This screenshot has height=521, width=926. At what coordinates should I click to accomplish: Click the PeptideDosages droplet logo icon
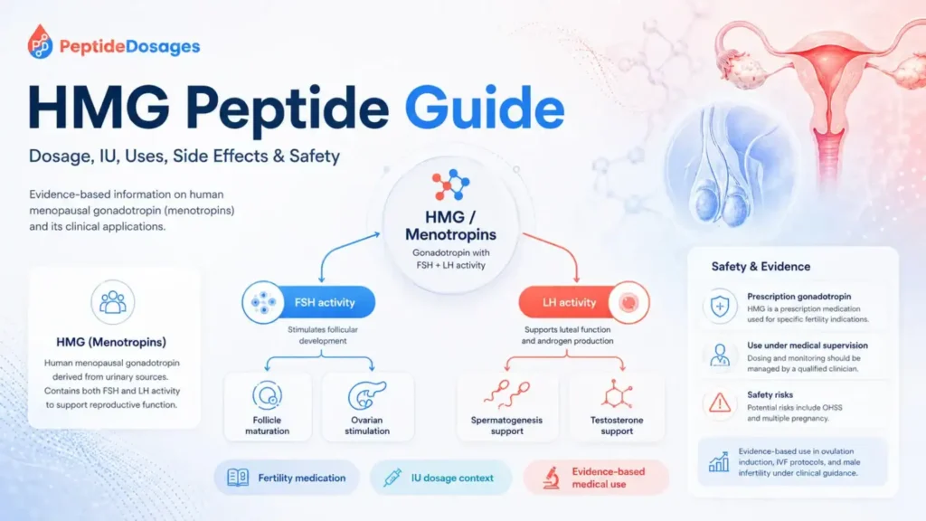tap(40, 42)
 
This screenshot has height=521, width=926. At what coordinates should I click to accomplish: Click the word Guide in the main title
tap(485, 109)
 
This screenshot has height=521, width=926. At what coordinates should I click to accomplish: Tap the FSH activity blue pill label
tap(309, 302)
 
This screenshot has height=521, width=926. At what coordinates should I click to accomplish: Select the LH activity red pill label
tap(584, 302)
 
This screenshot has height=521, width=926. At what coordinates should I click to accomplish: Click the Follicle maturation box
tap(268, 407)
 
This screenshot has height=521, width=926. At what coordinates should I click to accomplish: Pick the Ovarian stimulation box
tap(367, 407)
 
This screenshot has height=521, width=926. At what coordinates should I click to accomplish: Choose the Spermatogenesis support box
tap(506, 407)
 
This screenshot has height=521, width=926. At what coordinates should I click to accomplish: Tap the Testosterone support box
tap(617, 407)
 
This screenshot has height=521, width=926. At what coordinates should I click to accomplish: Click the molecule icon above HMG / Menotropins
tap(450, 185)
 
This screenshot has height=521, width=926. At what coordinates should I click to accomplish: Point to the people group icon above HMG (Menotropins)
tap(113, 302)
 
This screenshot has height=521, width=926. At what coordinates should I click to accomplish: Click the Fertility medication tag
tap(287, 478)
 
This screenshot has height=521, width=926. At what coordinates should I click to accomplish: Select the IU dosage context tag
tap(440, 478)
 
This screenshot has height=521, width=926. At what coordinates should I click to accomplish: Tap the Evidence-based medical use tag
tap(596, 478)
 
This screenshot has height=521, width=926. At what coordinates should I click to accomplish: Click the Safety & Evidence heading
tap(761, 267)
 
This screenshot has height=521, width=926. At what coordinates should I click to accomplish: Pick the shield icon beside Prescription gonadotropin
tap(720, 307)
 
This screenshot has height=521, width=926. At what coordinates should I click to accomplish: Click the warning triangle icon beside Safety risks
tap(720, 404)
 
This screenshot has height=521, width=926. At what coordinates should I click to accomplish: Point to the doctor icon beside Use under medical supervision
tap(720, 355)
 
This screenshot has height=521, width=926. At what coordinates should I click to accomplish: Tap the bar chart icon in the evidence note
tap(719, 461)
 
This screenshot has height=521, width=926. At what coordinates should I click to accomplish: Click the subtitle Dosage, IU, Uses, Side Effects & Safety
tap(184, 156)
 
